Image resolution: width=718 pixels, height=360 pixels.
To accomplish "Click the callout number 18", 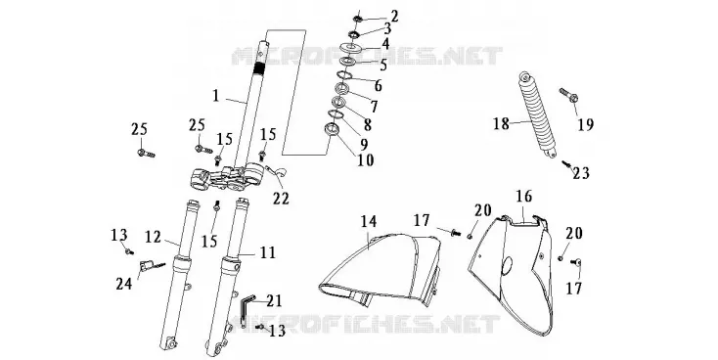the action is pyautogui.click(x=502, y=123).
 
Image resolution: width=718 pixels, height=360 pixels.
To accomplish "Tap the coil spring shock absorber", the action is pyautogui.click(x=539, y=114).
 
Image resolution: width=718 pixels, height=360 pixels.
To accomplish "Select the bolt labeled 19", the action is pyautogui.click(x=568, y=95).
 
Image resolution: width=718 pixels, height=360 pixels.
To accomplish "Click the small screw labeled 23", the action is pyautogui.click(x=566, y=163).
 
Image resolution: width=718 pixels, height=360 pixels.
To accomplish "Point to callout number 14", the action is pyautogui.click(x=369, y=221).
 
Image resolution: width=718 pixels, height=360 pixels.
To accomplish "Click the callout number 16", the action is pyautogui.click(x=524, y=196).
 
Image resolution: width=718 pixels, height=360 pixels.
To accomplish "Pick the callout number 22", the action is pyautogui.click(x=281, y=198).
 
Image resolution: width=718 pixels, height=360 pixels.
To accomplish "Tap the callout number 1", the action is pyautogui.click(x=216, y=96).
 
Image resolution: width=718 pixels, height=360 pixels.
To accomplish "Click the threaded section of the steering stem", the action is pyautogui.click(x=259, y=68).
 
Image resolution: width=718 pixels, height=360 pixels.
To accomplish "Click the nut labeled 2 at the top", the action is pyautogui.click(x=358, y=20).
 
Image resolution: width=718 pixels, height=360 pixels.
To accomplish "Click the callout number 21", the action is pyautogui.click(x=274, y=300).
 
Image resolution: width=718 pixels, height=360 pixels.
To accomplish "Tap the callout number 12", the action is pyautogui.click(x=154, y=237).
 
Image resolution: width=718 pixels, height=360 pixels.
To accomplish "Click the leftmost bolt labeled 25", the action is pyautogui.click(x=146, y=153).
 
